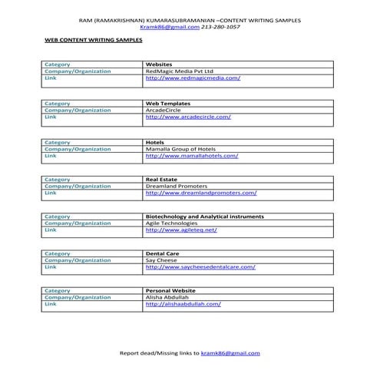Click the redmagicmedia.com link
pyautogui.click(x=193, y=78)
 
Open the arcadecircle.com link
pyautogui.click(x=188, y=117)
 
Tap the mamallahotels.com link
pyautogui.click(x=191, y=156)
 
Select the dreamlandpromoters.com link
pyautogui.click(x=200, y=193)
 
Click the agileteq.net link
pyautogui.click(x=181, y=230)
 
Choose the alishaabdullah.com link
pyautogui.click(x=183, y=304)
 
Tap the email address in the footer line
pyautogui.click(x=230, y=353)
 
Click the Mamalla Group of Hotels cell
pyautogui.click(x=180, y=149)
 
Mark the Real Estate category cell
pyautogui.click(x=162, y=179)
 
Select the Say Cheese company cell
pyautogui.click(x=160, y=260)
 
